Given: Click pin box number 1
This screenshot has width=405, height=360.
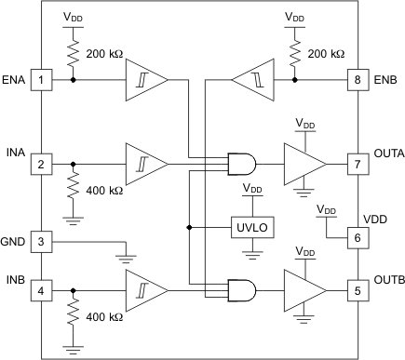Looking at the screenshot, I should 41,79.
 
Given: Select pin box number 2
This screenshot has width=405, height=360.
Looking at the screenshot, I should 41,164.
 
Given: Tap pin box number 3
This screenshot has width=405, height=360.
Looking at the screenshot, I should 41,241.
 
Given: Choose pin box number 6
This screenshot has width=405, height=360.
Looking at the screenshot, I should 357,237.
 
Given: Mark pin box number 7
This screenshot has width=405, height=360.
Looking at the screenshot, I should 357,164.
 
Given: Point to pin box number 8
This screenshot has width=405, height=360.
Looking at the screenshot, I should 357,79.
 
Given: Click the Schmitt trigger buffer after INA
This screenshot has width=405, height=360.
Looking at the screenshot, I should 145,164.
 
